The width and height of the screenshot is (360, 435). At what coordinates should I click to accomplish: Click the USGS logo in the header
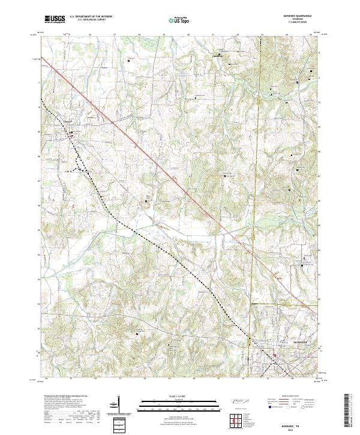(x=55, y=19)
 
